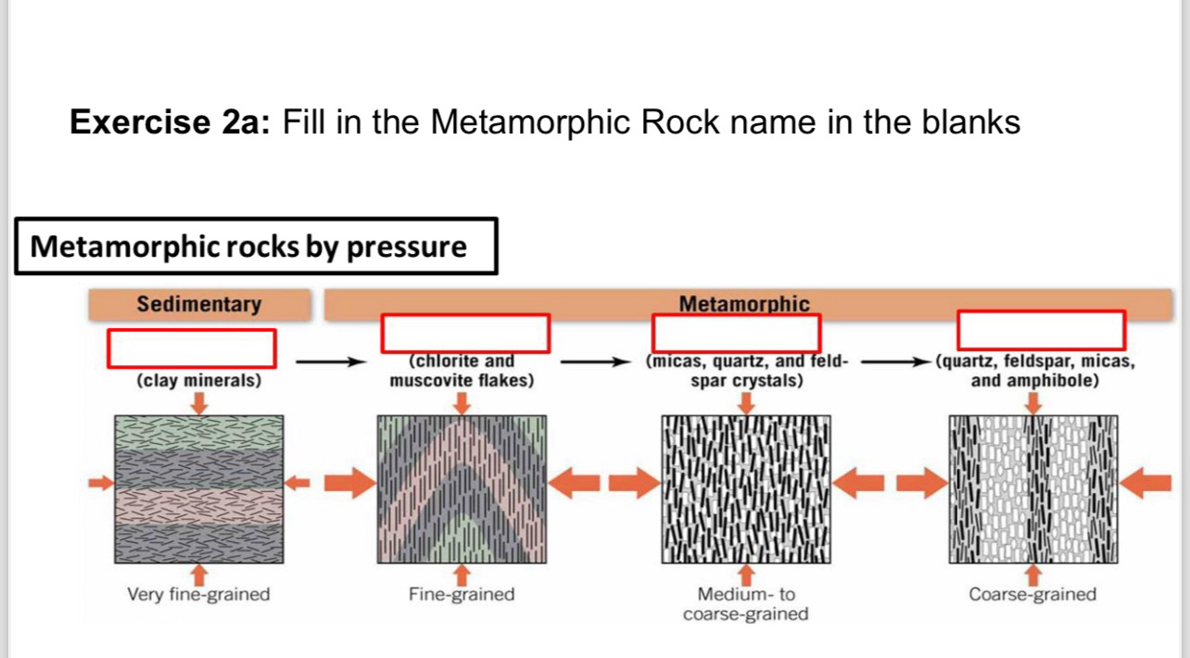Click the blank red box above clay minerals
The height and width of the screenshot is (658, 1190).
coord(192,348)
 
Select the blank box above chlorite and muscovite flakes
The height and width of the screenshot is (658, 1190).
coord(465,333)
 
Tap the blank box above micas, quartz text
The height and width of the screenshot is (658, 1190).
coord(737,333)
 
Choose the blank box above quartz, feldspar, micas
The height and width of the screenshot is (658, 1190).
coord(1041,331)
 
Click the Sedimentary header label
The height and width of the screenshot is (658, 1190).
coord(198,304)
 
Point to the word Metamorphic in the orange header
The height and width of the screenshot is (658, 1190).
coord(743,304)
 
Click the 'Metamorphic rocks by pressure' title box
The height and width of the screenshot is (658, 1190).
coord(256,247)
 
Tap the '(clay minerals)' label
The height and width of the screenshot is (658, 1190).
coord(198,380)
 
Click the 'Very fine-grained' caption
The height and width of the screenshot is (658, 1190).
coord(198,594)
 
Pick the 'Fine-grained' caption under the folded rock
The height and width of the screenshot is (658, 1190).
coord(462,594)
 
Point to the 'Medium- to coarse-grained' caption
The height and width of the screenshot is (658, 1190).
coord(745,604)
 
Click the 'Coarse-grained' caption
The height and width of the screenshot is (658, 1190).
coord(1032,594)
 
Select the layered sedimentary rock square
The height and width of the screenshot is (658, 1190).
coord(199,489)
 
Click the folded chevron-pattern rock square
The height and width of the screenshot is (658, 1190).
coord(462,489)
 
